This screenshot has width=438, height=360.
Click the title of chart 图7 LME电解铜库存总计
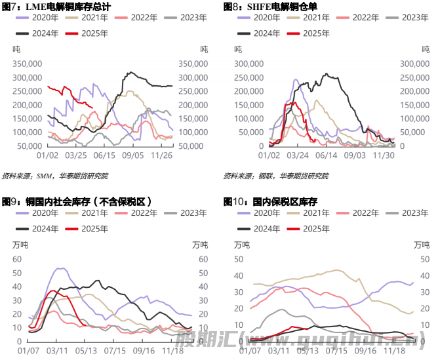point(57,7)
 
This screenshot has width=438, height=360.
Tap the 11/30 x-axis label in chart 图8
point(384,155)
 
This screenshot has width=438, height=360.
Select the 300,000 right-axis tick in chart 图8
point(414,64)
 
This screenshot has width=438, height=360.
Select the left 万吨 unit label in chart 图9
point(21,245)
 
